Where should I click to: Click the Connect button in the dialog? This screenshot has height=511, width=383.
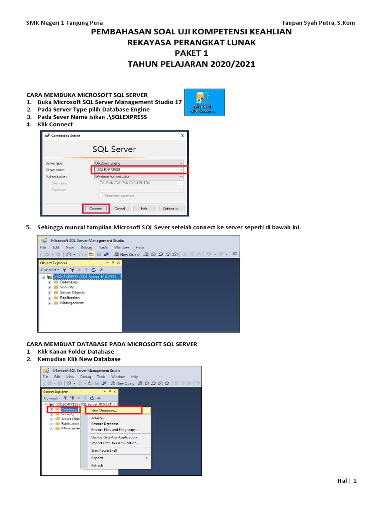(x=95, y=208)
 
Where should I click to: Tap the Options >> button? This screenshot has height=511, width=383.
(x=170, y=208)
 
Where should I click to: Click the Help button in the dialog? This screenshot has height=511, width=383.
(x=144, y=208)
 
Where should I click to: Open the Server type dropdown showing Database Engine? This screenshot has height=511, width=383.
(x=139, y=163)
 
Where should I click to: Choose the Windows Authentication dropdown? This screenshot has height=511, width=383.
(x=139, y=176)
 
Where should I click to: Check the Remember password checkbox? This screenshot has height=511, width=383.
(x=101, y=196)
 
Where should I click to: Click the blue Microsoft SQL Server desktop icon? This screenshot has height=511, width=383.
(x=204, y=102)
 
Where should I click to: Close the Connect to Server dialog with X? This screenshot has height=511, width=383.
(x=180, y=136)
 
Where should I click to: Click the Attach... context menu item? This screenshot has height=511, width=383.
(x=98, y=418)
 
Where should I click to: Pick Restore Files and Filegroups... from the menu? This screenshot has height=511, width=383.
(x=114, y=429)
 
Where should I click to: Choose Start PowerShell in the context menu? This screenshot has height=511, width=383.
(x=104, y=450)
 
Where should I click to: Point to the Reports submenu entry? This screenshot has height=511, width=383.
(x=98, y=458)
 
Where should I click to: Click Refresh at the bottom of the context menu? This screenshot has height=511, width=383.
(x=97, y=465)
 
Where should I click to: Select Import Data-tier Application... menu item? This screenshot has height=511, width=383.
(x=115, y=443)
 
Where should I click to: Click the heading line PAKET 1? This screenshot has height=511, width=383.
(x=191, y=53)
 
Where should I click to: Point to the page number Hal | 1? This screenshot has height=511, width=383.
(x=347, y=481)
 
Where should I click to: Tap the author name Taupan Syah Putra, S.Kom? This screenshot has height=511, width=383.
(x=318, y=23)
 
